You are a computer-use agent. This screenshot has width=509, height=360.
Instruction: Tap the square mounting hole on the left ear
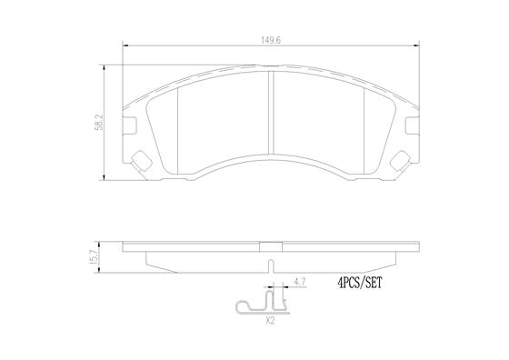141,160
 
